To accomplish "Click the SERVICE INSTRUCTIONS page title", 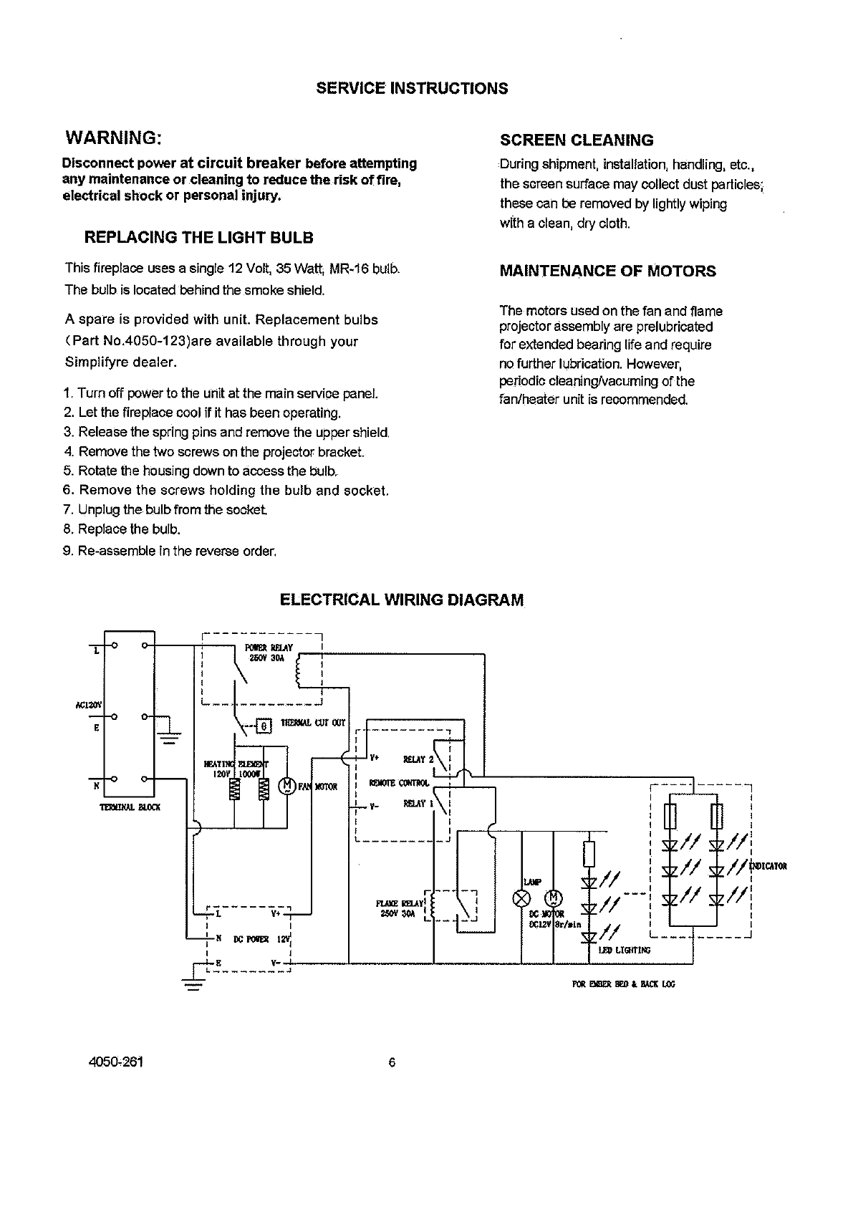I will click(412, 88).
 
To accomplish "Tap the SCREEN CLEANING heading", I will click(577, 140).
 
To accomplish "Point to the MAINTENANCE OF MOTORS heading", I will click(607, 271).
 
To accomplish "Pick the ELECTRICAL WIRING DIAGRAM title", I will click(401, 600).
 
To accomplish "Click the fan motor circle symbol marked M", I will click(287, 785).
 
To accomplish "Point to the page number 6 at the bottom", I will click(392, 1062).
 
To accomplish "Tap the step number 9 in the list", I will click(68, 551).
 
